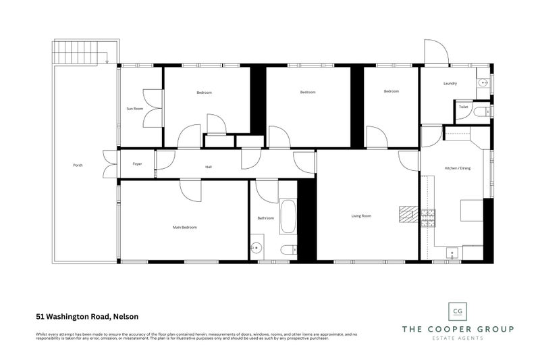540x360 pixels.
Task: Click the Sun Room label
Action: click(x=134, y=108)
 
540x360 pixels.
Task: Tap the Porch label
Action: click(x=78, y=165)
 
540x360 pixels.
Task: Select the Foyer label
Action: click(x=137, y=164)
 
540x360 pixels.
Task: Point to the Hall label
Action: click(x=209, y=168)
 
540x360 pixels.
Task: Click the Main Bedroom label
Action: click(x=184, y=228)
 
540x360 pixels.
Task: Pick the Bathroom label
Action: click(x=265, y=218)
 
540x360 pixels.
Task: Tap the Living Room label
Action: click(x=362, y=216)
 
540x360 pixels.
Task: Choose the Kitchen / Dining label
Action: click(x=458, y=168)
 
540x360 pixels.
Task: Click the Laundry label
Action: click(x=450, y=84)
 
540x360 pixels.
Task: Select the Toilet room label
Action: click(x=463, y=107)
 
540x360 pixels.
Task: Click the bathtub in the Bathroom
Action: click(x=288, y=216)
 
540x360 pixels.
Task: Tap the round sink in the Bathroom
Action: click(x=256, y=248)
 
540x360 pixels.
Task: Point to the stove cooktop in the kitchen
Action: click(x=429, y=217)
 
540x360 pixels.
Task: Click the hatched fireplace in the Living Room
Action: click(x=408, y=214)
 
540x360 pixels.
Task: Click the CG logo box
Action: click(x=458, y=311)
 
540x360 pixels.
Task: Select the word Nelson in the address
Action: click(x=125, y=315)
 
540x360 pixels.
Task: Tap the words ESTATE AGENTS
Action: click(x=458, y=338)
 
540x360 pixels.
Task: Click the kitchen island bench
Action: click(x=472, y=211)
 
